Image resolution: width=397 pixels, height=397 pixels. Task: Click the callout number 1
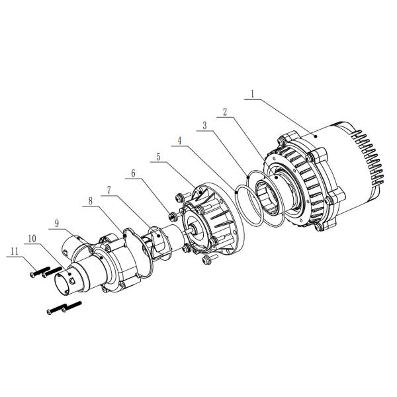click(x=251, y=95)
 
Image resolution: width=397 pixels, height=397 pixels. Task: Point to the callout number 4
click(x=181, y=140)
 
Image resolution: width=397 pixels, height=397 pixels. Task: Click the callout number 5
click(x=157, y=157)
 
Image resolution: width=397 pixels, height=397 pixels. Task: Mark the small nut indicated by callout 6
click(x=171, y=215)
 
